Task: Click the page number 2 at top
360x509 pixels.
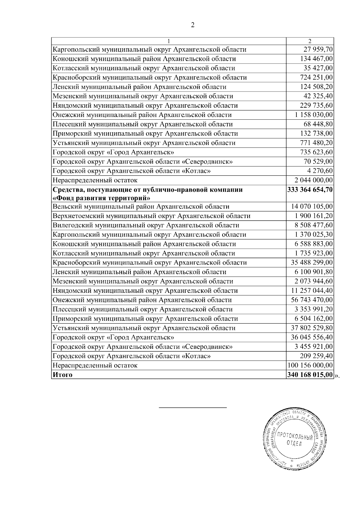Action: tap(193, 25)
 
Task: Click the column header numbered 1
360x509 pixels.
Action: tap(169, 41)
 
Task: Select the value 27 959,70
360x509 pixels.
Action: tap(316, 49)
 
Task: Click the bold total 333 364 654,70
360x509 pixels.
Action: tap(310, 190)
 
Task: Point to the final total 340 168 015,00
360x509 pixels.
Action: tap(310, 375)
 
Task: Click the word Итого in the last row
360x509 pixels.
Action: tap(62, 375)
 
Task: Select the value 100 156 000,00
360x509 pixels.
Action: tap(310, 366)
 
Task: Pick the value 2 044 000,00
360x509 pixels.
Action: tap(313, 180)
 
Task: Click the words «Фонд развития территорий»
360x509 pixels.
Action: tap(101, 198)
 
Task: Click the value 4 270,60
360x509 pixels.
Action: tap(320, 171)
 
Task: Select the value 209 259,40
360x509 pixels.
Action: tap(316, 356)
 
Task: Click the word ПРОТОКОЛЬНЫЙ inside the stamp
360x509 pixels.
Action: tap(295, 436)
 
